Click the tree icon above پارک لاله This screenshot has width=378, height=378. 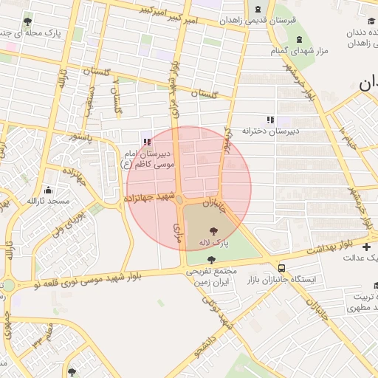(213, 230)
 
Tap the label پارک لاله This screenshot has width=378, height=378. (213, 242)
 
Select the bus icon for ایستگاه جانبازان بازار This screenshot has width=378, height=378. (282, 268)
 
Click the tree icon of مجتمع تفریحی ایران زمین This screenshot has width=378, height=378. (213, 260)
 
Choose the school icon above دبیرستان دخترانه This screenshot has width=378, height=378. (270, 119)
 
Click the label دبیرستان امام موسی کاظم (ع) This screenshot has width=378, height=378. (146, 158)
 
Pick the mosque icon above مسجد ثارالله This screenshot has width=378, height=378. (49, 189)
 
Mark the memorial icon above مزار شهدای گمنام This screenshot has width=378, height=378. (298, 38)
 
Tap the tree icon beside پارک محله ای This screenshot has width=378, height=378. (28, 21)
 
